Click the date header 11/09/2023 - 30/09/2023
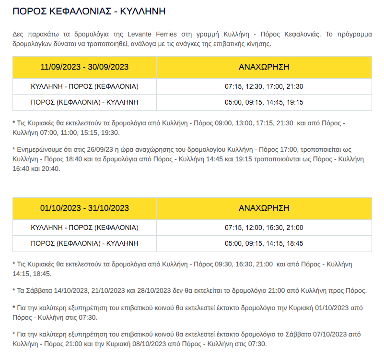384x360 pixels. point(84,67)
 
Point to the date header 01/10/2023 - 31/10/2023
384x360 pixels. point(84,208)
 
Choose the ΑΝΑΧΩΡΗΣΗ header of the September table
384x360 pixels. point(264,67)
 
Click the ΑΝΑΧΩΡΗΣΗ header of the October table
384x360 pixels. point(264,208)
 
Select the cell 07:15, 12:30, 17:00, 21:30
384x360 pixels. point(264,86)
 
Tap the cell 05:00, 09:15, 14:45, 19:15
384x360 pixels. point(264,102)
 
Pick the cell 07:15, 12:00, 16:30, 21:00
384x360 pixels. point(264,228)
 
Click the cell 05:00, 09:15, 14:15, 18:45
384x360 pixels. point(264,243)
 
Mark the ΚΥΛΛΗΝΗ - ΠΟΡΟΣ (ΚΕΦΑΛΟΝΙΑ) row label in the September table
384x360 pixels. point(84,86)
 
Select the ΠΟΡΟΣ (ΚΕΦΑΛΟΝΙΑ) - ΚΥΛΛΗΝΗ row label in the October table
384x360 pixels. point(84,243)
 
